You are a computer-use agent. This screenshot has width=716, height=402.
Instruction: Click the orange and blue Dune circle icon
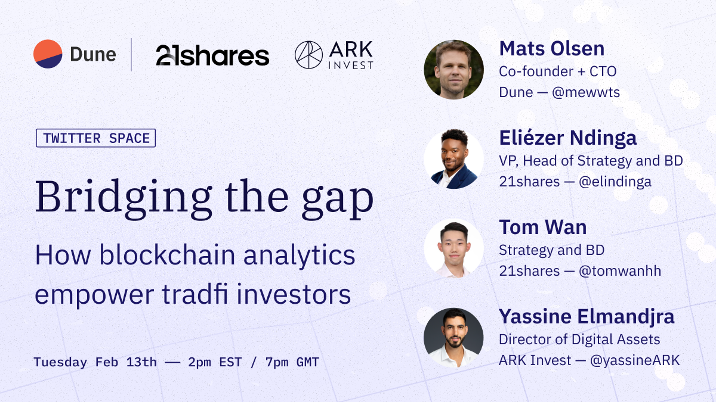click(48, 54)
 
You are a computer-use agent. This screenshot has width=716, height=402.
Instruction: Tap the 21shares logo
click(212, 55)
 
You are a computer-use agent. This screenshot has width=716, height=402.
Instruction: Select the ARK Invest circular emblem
click(308, 55)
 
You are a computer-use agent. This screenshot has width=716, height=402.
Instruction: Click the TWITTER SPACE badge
click(95, 138)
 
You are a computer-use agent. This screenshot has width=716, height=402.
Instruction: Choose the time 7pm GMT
click(281, 362)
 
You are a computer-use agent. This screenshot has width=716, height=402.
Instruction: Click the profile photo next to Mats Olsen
click(453, 70)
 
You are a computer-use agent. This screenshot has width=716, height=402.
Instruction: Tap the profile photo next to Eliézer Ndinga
click(453, 159)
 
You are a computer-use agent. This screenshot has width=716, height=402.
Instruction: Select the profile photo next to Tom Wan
click(453, 248)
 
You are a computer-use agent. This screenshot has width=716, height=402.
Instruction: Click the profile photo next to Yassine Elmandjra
click(453, 338)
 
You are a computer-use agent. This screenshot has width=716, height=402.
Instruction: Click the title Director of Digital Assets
click(579, 339)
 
